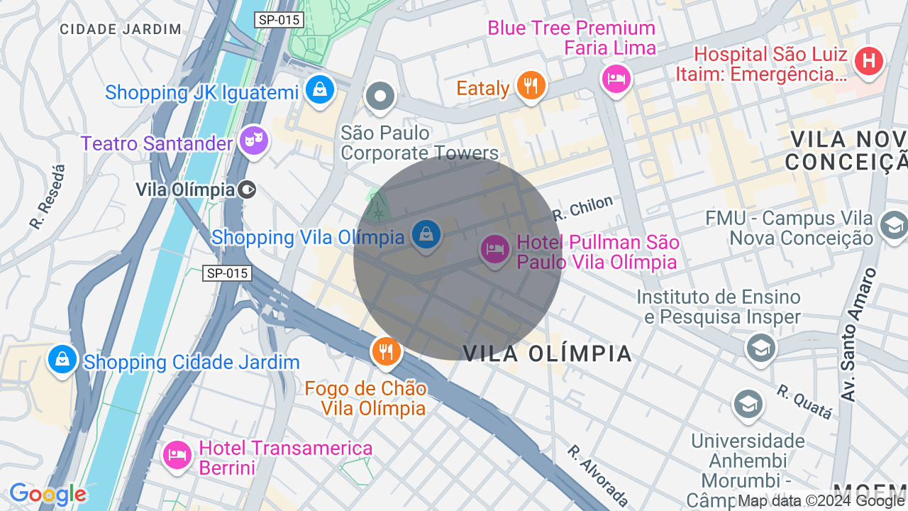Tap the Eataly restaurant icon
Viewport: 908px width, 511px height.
530,85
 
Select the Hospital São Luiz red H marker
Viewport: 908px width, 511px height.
869,61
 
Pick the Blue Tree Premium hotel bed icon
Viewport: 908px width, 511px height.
615,77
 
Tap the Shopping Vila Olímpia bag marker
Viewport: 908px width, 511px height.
426,234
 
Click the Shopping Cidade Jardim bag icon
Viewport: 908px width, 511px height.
62,359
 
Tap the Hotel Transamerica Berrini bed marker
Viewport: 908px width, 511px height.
177,454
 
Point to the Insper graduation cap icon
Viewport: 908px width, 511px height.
760,348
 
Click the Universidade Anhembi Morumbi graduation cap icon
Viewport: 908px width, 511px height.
748,404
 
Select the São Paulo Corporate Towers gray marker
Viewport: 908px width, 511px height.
380,97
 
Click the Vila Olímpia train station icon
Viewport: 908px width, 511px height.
247,189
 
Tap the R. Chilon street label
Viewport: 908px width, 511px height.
582,207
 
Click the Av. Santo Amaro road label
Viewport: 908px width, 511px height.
858,334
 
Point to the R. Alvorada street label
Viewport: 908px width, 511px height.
597,475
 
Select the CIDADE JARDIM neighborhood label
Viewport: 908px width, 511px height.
121,29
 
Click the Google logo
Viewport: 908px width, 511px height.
48,494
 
